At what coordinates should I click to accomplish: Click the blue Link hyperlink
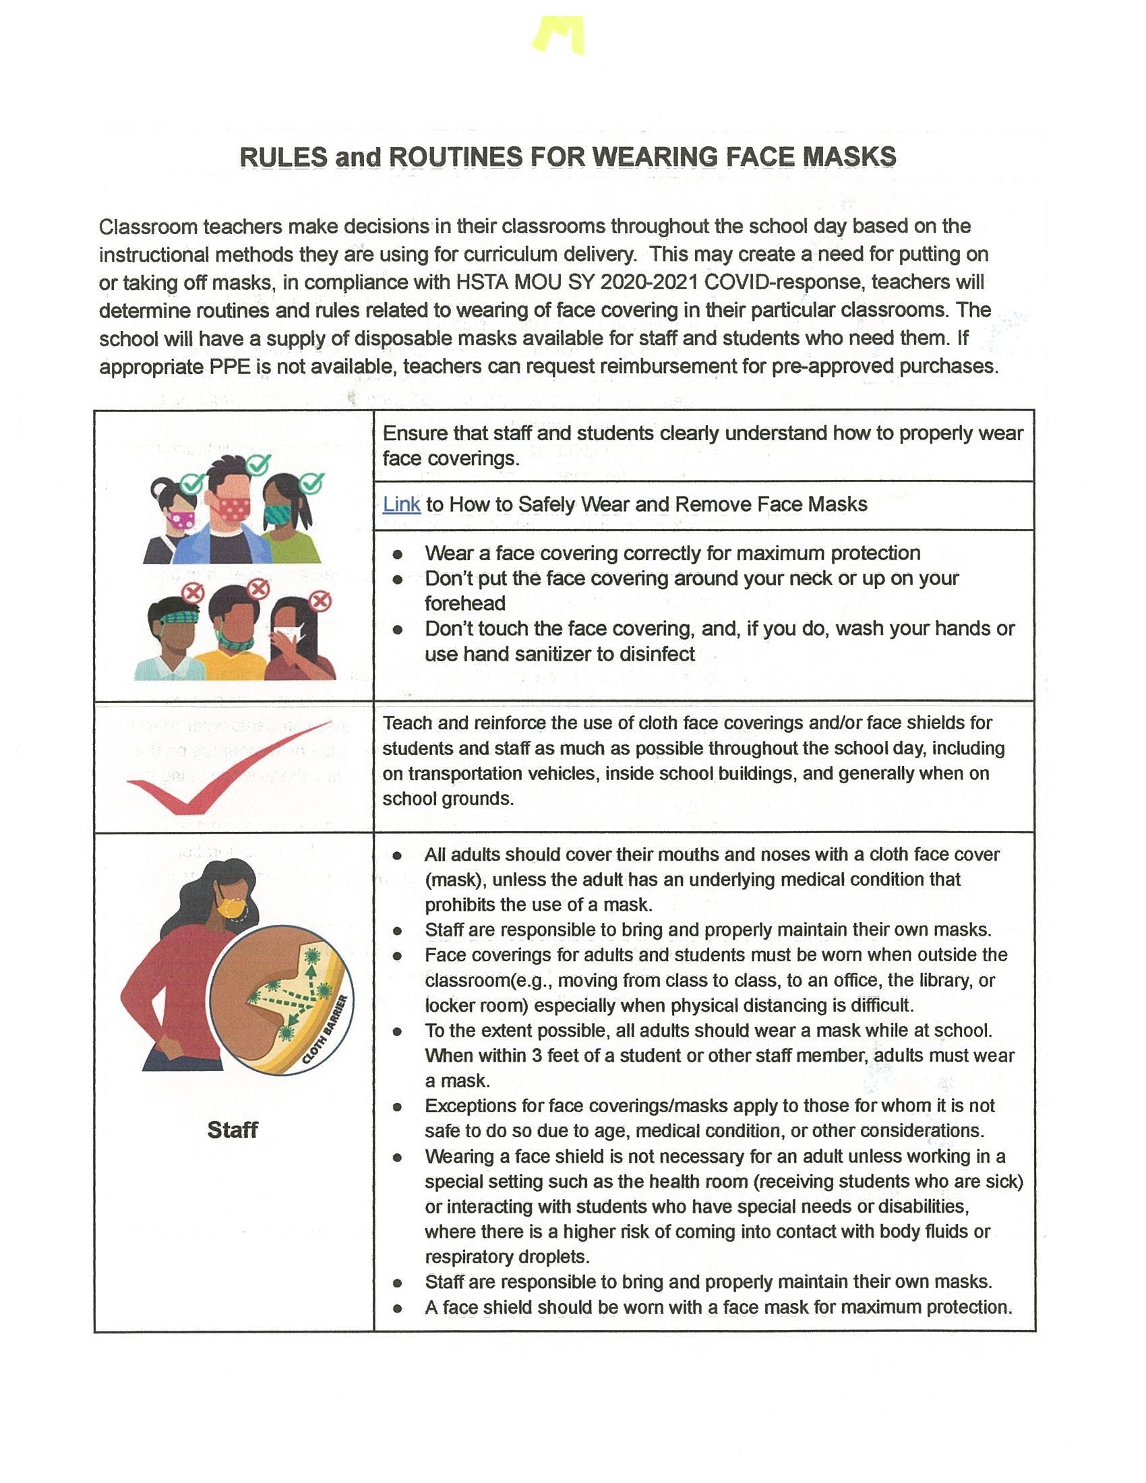pos(401,504)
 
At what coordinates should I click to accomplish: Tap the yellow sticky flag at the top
pos(557,34)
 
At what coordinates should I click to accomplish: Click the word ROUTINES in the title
pos(456,157)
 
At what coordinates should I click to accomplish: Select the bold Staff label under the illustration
pos(232,1130)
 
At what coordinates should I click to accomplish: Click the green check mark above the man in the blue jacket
pos(258,465)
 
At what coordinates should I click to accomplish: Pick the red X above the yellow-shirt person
pos(258,588)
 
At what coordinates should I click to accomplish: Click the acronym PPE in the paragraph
pos(224,367)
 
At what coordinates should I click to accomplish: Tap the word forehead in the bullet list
pos(465,603)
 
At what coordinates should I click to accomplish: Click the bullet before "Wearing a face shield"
pos(397,1157)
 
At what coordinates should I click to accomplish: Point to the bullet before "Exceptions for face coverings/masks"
pos(397,1107)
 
